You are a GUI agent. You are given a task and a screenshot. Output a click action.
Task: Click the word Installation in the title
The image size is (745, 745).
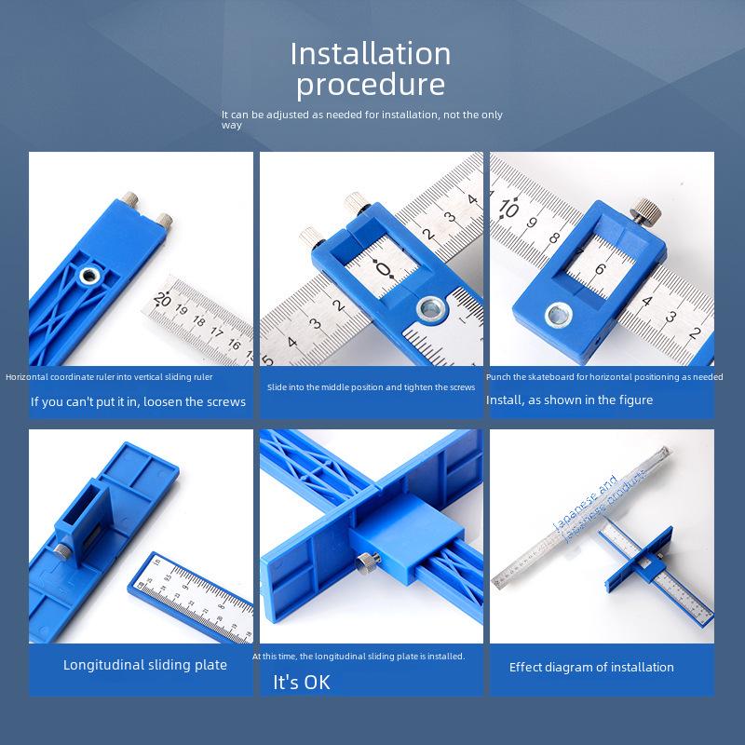[371, 53]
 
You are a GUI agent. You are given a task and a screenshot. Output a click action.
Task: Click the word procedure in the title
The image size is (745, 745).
[371, 85]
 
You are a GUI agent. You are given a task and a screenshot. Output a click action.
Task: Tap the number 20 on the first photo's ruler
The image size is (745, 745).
[164, 300]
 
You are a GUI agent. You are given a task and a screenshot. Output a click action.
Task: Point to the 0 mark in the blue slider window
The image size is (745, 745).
[386, 270]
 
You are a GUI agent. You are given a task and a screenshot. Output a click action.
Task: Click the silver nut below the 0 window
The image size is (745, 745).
[431, 307]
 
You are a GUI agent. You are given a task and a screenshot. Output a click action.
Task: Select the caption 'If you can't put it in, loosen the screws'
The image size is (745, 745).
[138, 402]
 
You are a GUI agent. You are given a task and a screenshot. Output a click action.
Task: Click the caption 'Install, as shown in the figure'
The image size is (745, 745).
[569, 400]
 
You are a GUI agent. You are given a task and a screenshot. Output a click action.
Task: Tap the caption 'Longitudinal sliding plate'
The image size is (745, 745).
[144, 665]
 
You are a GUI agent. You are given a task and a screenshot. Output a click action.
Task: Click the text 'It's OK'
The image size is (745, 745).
[301, 683]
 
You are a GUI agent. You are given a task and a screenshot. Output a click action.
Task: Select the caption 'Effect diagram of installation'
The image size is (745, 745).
[591, 667]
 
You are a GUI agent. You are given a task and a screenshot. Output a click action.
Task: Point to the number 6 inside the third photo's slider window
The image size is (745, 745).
[601, 269]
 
